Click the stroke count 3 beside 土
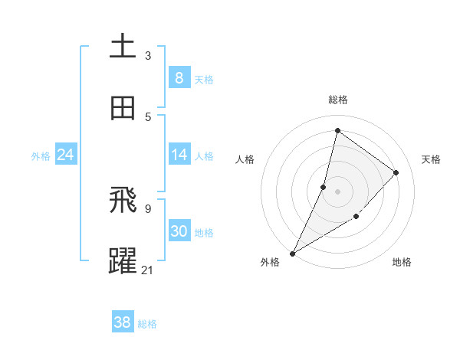(x=148, y=55)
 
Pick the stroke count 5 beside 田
(x=148, y=116)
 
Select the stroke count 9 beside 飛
(x=148, y=208)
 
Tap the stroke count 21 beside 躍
(x=149, y=270)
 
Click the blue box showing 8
(x=179, y=77)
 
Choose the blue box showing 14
(x=179, y=155)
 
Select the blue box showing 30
(x=179, y=231)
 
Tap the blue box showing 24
(x=65, y=155)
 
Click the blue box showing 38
(x=123, y=322)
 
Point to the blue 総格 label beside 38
(x=148, y=324)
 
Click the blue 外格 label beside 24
(x=41, y=156)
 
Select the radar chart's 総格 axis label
(x=337, y=100)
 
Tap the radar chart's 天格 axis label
(x=431, y=159)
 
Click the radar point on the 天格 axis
(x=396, y=172)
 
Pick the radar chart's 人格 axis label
(x=245, y=159)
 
